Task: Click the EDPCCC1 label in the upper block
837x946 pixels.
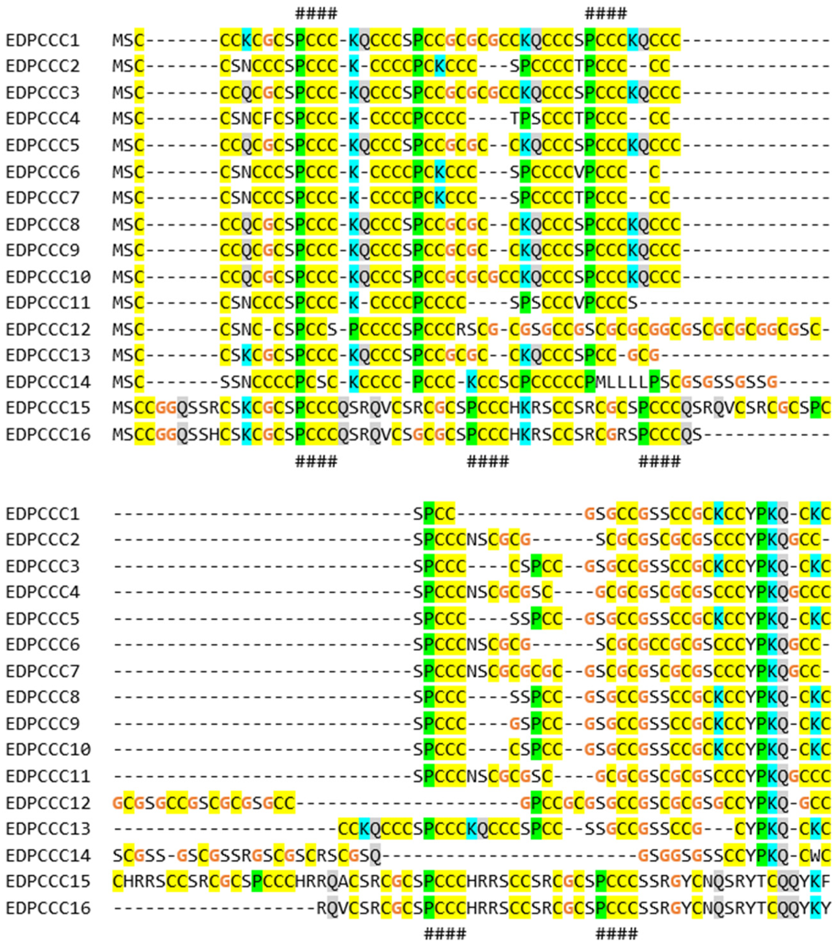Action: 42,40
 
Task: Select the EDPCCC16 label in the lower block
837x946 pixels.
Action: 48,908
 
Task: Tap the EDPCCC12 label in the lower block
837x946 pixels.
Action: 48,803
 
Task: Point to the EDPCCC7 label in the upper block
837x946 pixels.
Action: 42,198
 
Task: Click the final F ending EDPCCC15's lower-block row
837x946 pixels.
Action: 826,882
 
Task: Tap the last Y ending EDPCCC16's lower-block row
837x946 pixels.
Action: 826,908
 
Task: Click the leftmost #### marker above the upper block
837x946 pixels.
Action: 316,14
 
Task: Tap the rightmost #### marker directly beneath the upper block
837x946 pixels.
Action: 659,461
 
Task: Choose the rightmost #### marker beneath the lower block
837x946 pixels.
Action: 616,934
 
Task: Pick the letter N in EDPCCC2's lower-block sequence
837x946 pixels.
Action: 472,539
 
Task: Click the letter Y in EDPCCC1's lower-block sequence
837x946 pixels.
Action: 751,514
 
